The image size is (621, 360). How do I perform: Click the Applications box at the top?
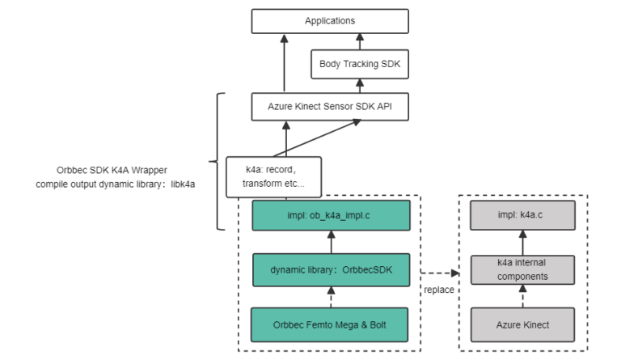(330, 21)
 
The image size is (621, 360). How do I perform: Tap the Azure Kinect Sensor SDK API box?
(331, 106)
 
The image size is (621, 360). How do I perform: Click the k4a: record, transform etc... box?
(272, 177)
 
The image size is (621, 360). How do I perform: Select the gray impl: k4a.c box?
(522, 216)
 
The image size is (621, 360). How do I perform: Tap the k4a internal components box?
(522, 270)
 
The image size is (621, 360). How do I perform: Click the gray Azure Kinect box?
(522, 324)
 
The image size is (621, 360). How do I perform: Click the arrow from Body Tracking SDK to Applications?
(360, 42)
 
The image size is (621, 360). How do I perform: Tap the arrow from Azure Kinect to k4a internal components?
(522, 298)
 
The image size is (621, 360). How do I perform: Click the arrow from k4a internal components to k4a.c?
(522, 243)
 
